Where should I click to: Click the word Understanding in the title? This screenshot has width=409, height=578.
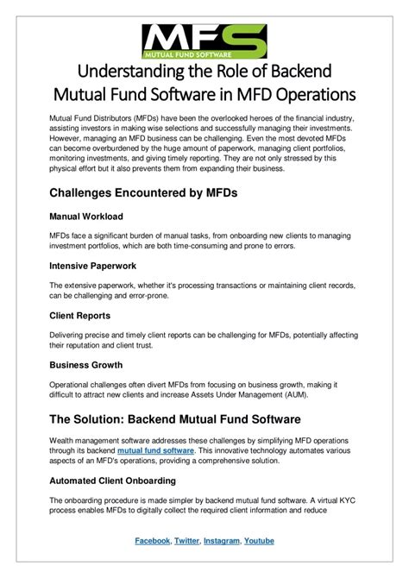[129, 69]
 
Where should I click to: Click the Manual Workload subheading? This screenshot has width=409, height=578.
[85, 216]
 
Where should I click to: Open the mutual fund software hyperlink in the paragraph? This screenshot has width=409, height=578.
[155, 449]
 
